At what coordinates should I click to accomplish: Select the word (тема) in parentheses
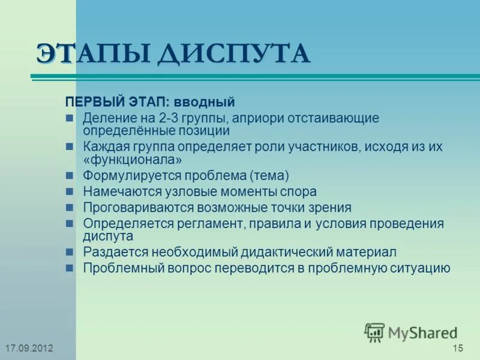pyautogui.click(x=269, y=176)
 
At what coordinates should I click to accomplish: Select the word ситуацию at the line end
pyautogui.click(x=418, y=268)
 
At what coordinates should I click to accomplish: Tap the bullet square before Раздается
pyautogui.click(x=70, y=252)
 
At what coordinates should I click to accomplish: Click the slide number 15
pyautogui.click(x=458, y=349)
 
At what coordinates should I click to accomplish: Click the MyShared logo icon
pyautogui.click(x=374, y=332)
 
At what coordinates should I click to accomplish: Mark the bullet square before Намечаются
pyautogui.click(x=70, y=192)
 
